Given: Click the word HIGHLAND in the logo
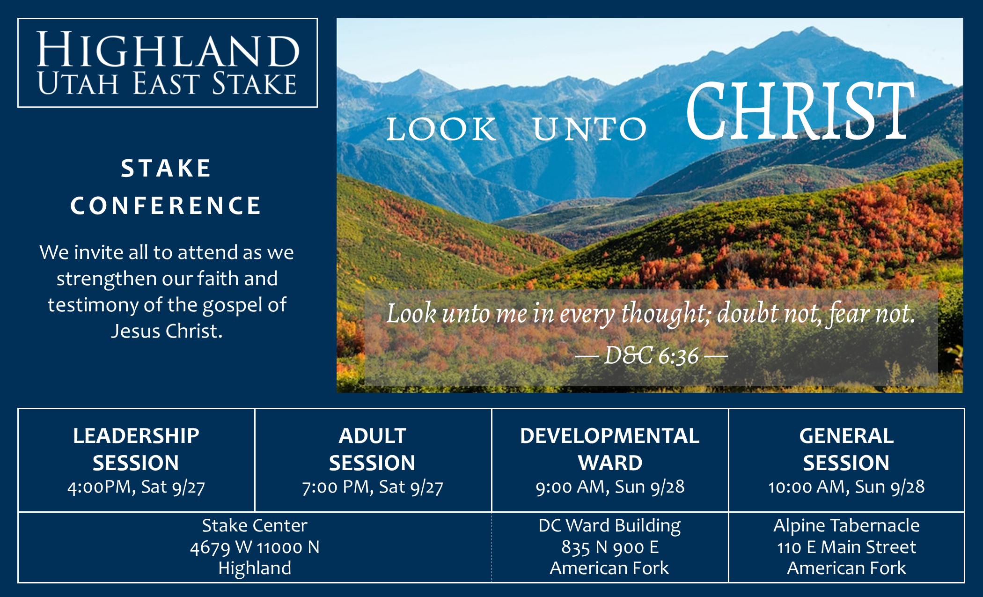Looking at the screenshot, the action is [168, 50].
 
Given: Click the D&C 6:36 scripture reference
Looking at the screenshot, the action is [652, 355].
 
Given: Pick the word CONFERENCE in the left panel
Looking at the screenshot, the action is [166, 206].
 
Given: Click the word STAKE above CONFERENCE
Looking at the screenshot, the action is [166, 168].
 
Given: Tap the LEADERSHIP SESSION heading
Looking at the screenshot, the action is [136, 449].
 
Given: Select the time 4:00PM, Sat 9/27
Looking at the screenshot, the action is [136, 487].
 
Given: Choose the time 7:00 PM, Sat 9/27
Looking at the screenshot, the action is [373, 487].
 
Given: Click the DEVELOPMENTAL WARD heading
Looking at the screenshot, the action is [610, 449].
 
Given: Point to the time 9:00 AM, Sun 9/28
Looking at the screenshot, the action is [610, 487].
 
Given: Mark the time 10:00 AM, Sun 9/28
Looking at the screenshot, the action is [846, 487].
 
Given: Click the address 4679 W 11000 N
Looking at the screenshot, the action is [255, 547].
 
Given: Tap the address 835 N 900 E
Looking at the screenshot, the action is [610, 547].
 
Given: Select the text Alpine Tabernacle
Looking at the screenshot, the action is [846, 525].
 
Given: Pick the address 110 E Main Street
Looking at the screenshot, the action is [846, 547].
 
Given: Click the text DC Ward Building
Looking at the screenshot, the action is [609, 526].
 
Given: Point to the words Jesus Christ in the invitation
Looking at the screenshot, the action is [167, 331].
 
